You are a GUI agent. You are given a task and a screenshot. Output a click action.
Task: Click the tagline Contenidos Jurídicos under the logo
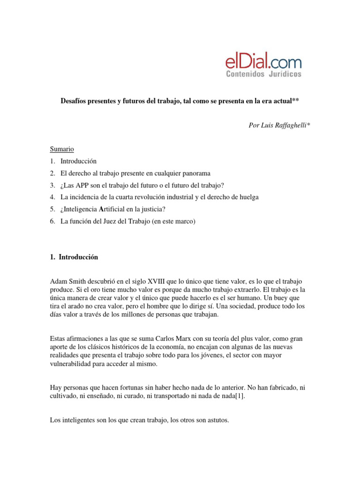[263, 74]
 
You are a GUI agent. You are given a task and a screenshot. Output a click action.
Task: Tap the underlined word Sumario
[62, 149]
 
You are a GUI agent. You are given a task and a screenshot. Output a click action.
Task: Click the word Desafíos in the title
[75, 101]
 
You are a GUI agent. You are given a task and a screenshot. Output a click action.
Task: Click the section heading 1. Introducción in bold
[74, 257]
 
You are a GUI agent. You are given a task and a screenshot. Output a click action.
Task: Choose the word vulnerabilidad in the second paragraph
[73, 364]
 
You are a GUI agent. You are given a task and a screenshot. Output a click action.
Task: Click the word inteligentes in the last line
[79, 420]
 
